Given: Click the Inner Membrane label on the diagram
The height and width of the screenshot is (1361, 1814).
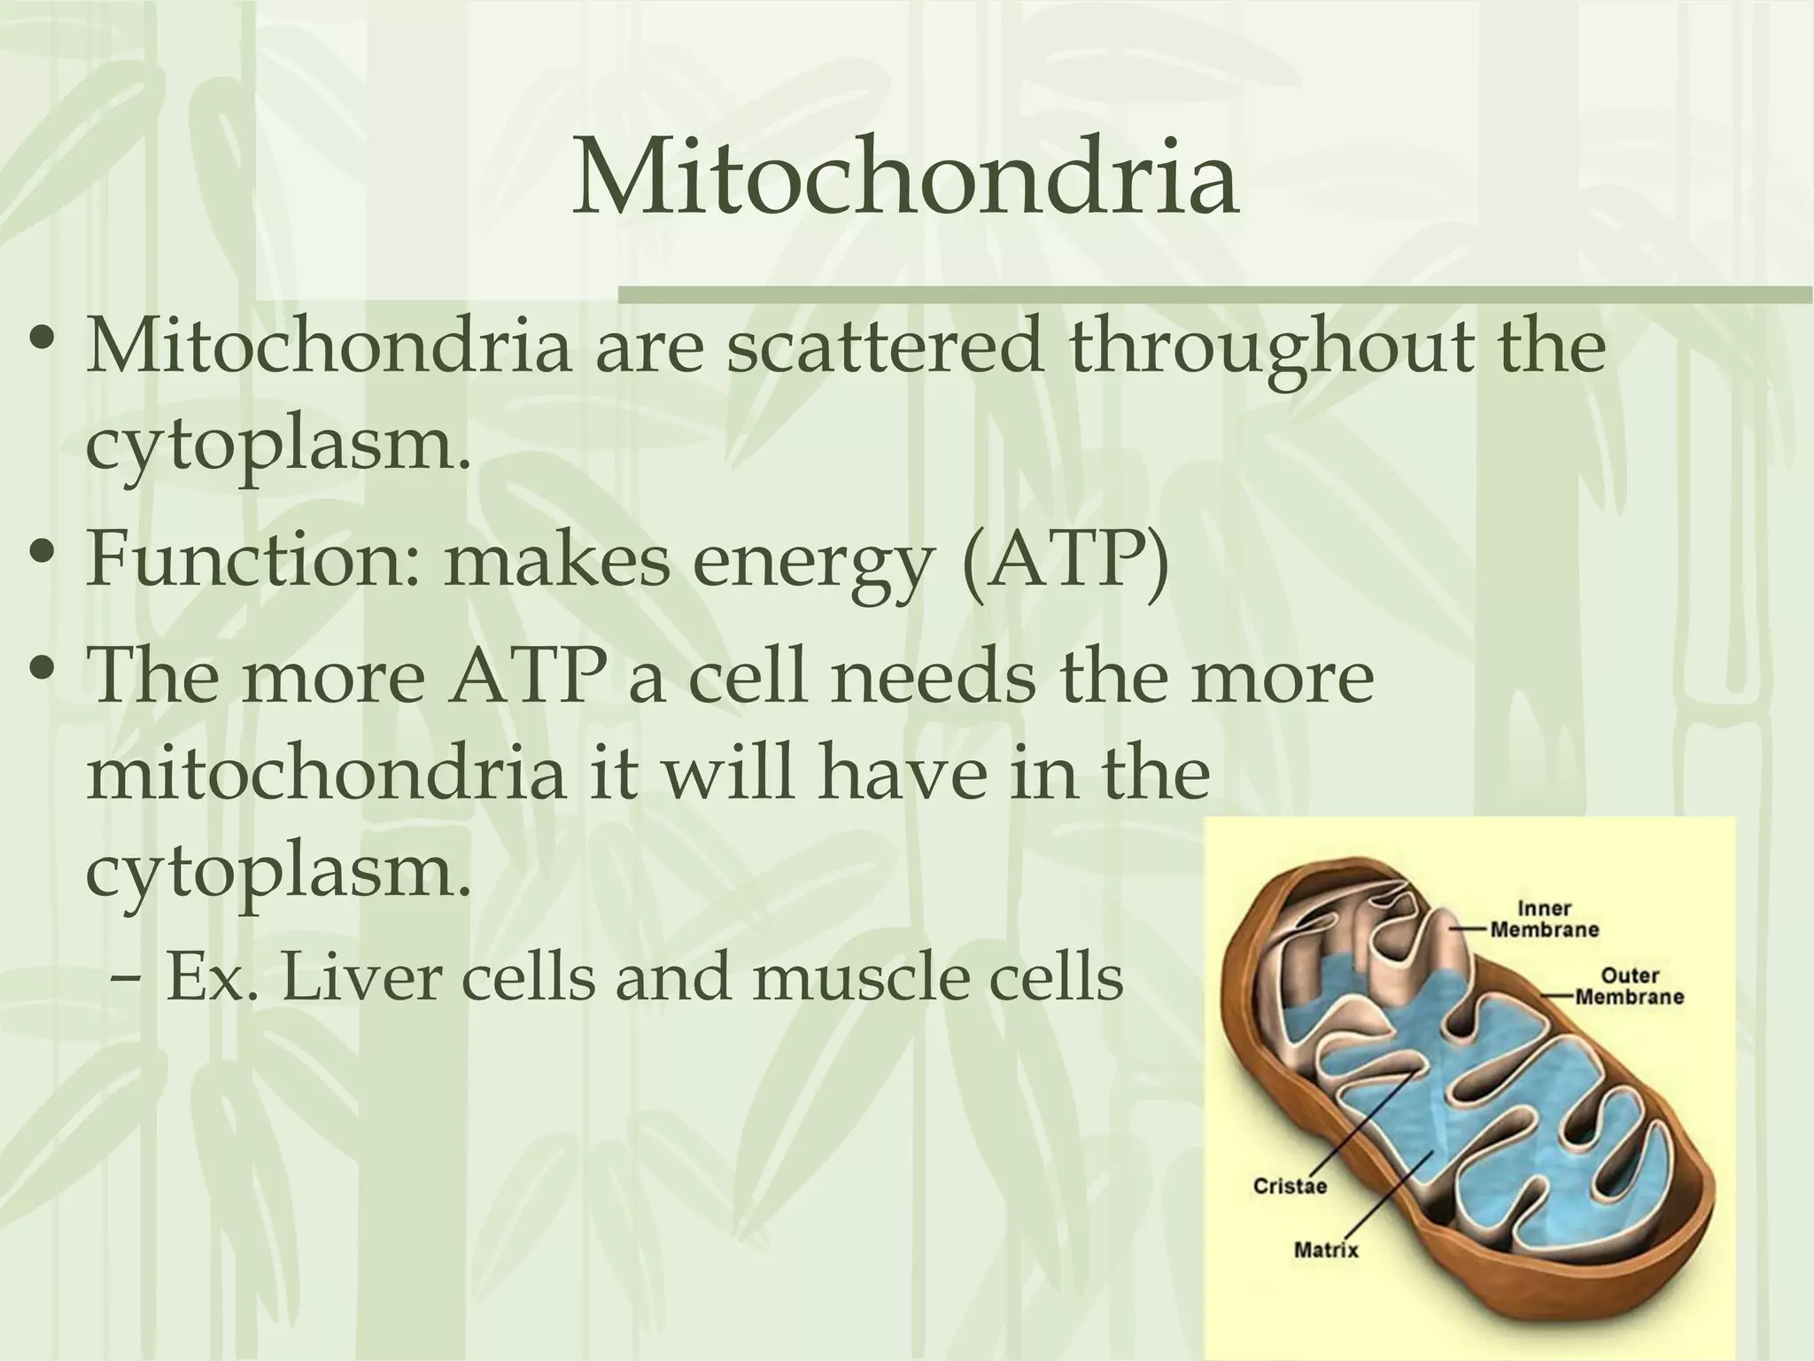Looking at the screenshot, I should pyautogui.click(x=1545, y=919).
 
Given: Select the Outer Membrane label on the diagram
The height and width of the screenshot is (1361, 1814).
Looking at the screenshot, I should pyautogui.click(x=1629, y=986).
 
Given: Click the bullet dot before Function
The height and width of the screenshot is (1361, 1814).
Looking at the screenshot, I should pyautogui.click(x=43, y=561).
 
